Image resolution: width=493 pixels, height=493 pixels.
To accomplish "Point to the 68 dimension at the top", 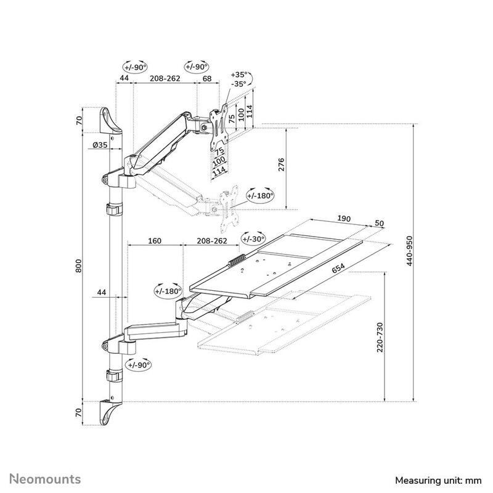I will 207,78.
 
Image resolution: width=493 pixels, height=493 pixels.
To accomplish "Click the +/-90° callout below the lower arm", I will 138,365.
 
